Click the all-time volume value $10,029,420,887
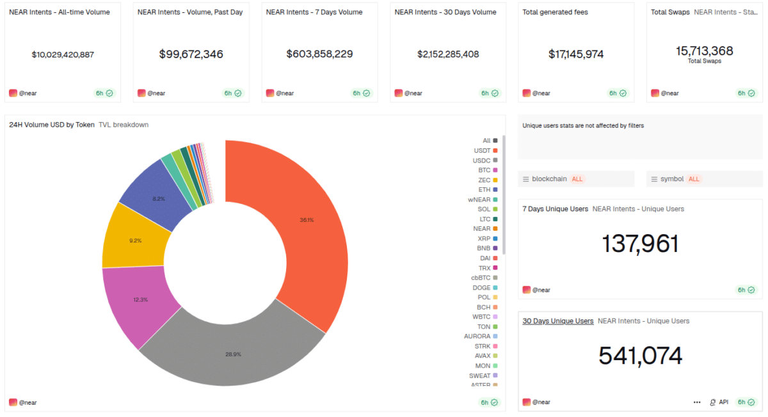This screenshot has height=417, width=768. [63, 54]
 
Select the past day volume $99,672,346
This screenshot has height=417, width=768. [191, 54]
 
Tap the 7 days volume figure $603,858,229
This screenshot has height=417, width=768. [319, 54]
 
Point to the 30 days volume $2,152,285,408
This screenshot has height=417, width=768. [448, 54]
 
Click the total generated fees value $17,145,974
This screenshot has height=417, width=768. [576, 54]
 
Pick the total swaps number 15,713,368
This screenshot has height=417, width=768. [704, 51]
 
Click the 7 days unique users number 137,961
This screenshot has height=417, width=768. [640, 244]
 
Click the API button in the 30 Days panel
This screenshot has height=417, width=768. [719, 402]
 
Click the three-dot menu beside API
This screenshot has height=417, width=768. [697, 402]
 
